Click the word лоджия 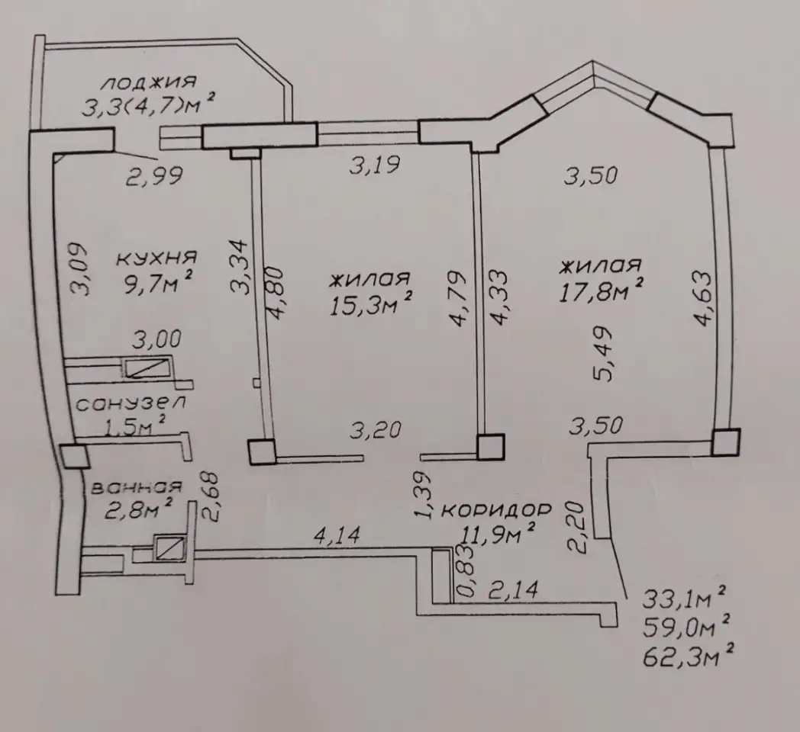[x=150, y=82]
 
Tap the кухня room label [x=156, y=258]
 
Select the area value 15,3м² [x=370, y=305]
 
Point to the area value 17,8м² [x=601, y=291]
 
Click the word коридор [x=496, y=510]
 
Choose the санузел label [x=131, y=403]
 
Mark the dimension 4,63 [x=701, y=298]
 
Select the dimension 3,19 [x=375, y=165]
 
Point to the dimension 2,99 [x=155, y=176]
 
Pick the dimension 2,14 [x=513, y=589]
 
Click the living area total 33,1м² [x=684, y=599]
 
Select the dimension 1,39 [x=424, y=494]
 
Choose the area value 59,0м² [x=686, y=627]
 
